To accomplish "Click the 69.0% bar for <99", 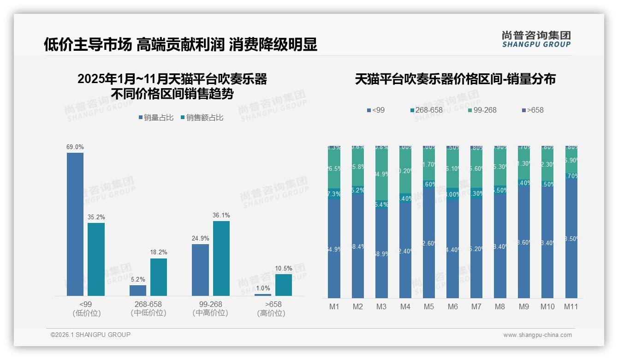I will (x=75, y=224).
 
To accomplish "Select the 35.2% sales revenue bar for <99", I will (x=96, y=259).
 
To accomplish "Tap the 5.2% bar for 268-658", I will (x=137, y=290).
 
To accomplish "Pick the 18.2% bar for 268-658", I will (x=159, y=277).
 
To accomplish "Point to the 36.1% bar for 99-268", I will (x=221, y=258).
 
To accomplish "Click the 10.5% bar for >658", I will (x=284, y=285).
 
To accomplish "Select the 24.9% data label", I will (x=200, y=239).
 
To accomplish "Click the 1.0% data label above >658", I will (x=263, y=288).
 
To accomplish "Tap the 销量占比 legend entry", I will (x=156, y=118).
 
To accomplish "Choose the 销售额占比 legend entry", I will (x=202, y=118).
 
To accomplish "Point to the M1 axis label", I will (x=334, y=306).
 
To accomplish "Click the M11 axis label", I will (x=571, y=306).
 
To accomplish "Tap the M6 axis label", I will (x=452, y=306).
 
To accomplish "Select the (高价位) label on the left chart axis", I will (x=271, y=313).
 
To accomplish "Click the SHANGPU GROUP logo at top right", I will (x=536, y=39).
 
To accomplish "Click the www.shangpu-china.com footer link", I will (x=537, y=335).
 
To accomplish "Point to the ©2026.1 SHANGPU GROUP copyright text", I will (x=90, y=335).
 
